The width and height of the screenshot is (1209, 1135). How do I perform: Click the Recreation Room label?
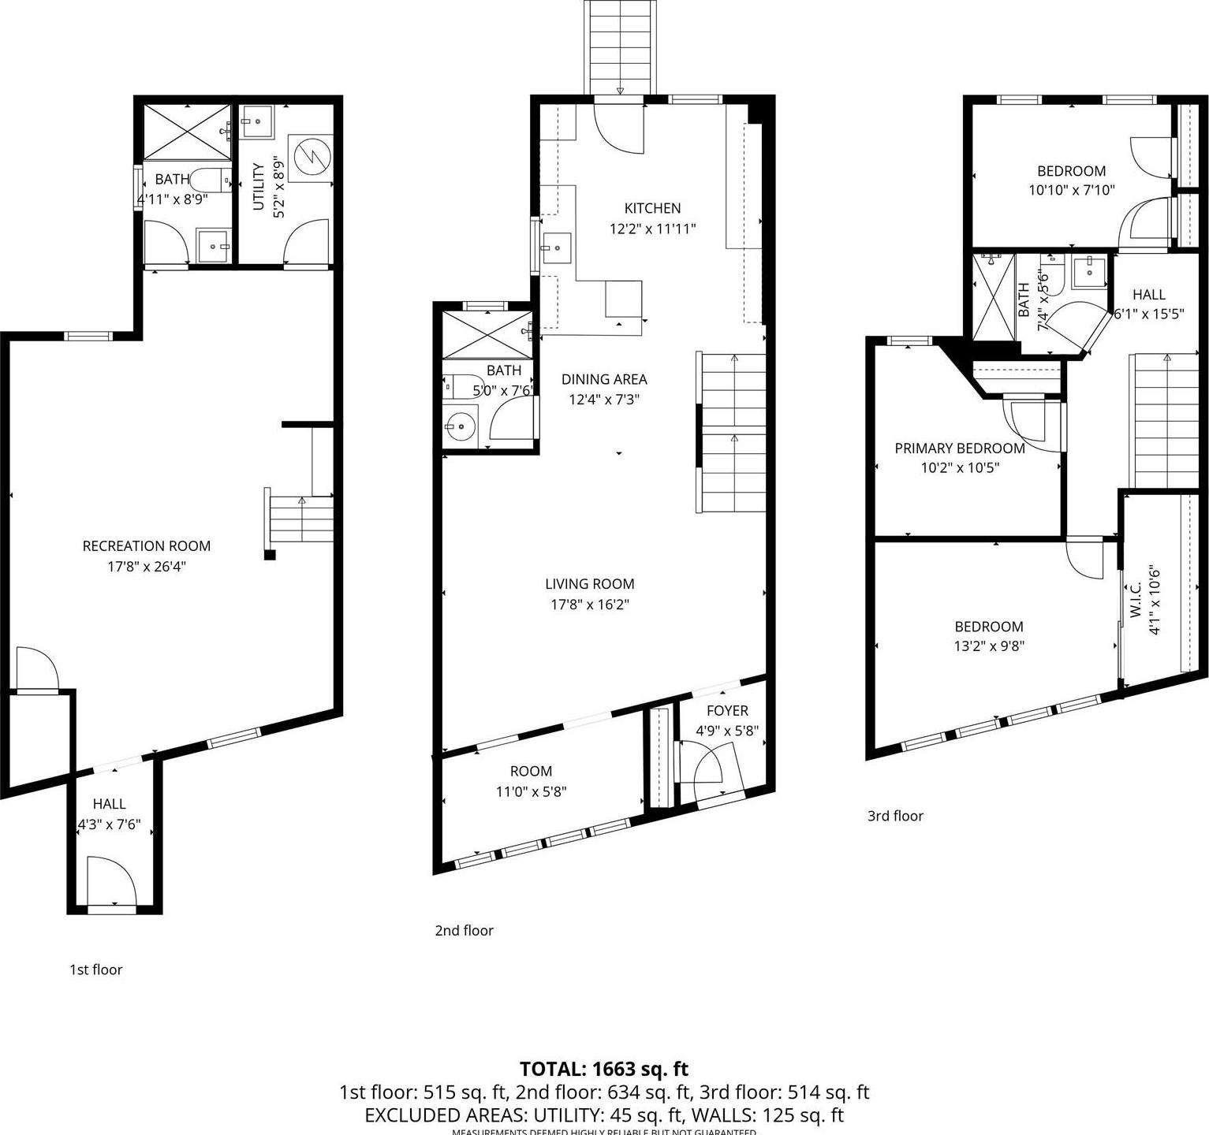coord(147,545)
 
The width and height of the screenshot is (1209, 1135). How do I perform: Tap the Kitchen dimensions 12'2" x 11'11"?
coord(652,229)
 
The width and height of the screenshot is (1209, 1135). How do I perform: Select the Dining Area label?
coord(604,379)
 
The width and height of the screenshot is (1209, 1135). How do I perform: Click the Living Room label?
coord(590,584)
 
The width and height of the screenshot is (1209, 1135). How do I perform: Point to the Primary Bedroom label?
coord(960,448)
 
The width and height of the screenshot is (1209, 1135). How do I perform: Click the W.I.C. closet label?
coord(1136,601)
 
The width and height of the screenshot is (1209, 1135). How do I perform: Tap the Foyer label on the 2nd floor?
coord(727,710)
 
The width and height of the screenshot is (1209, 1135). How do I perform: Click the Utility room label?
coord(258,187)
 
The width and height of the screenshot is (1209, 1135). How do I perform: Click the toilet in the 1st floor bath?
coord(208,180)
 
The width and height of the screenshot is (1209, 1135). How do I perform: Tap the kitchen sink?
coord(555,247)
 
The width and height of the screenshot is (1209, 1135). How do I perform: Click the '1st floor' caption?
coord(96,969)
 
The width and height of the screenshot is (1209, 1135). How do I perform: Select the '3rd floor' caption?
coord(895,816)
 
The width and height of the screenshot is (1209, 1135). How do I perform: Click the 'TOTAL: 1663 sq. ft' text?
coord(604,1069)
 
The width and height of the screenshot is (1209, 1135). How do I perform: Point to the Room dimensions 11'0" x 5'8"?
coord(531,791)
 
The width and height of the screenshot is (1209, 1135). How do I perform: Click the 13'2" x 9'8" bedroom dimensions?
coord(989,646)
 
